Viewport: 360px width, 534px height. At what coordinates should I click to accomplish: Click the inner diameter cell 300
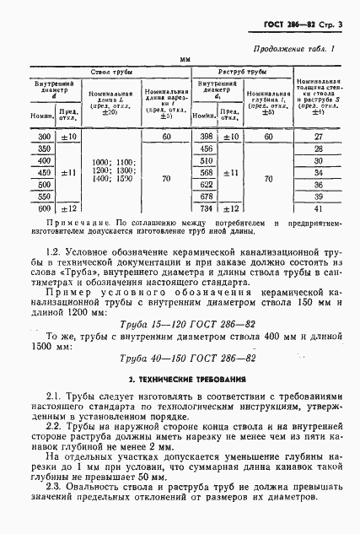[40, 136]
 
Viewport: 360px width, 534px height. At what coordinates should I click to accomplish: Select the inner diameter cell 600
[40, 208]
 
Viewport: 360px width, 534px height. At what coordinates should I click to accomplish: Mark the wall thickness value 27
[318, 136]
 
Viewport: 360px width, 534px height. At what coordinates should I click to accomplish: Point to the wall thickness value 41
[318, 208]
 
